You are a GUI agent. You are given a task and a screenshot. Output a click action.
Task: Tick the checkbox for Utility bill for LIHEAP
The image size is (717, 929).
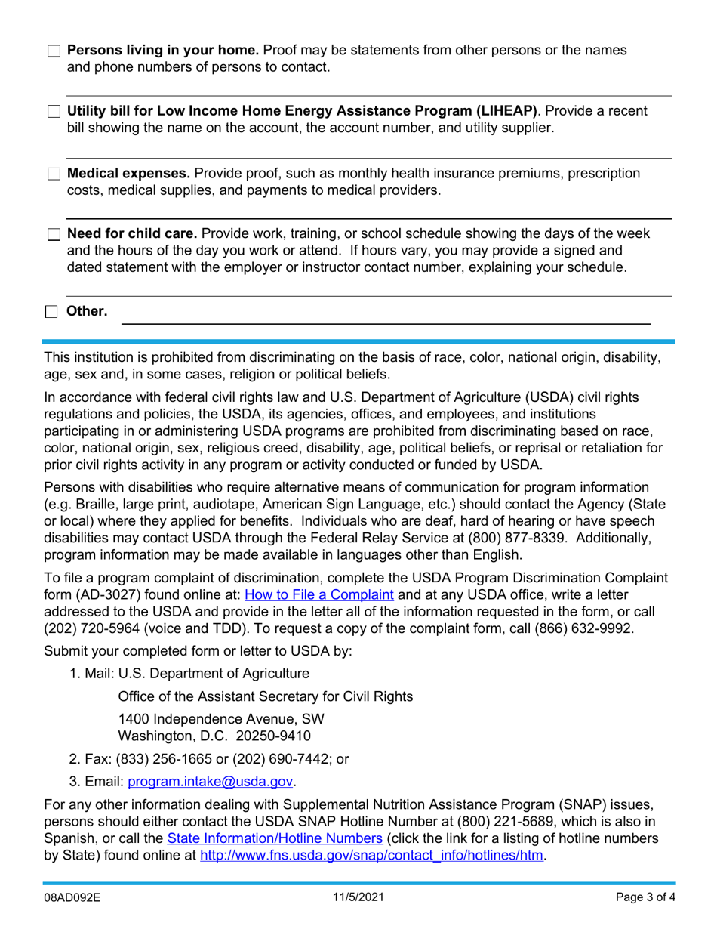53,112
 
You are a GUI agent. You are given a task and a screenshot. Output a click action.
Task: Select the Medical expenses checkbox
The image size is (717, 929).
53,174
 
